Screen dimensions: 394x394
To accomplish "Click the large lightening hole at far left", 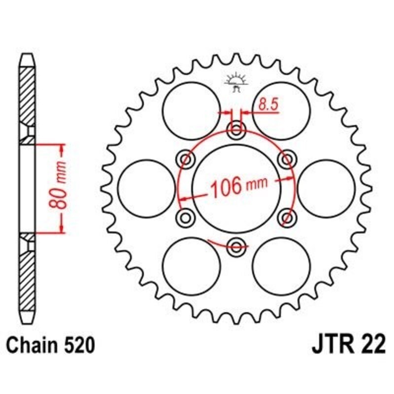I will (147, 188).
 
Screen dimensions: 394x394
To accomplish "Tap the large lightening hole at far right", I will (327, 188).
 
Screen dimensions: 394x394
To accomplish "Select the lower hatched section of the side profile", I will (28, 276).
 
